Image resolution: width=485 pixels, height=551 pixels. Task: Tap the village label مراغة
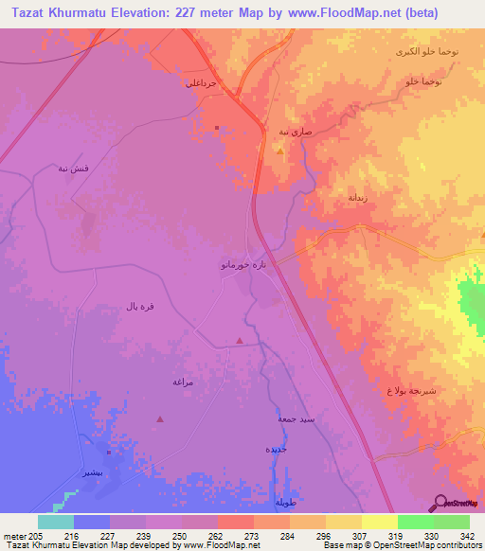click(x=183, y=381)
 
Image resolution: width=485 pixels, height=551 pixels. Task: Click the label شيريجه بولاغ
click(x=410, y=390)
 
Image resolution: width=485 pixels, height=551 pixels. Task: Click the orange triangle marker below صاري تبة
click(x=279, y=151)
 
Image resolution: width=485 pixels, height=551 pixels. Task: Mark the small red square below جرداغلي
click(x=217, y=128)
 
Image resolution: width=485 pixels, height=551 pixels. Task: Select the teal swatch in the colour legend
click(x=56, y=522)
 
